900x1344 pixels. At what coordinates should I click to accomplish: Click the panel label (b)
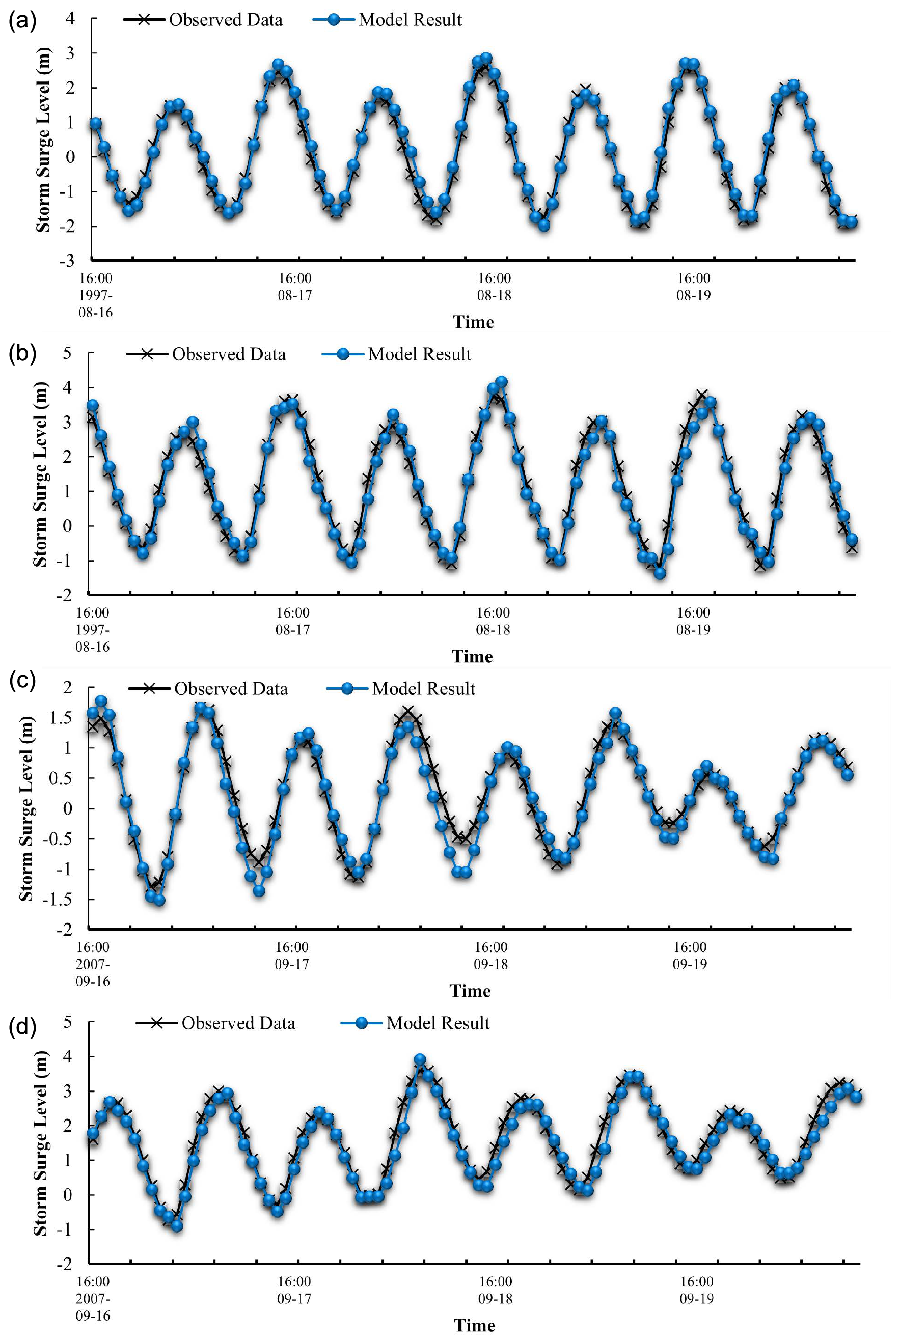click(x=22, y=353)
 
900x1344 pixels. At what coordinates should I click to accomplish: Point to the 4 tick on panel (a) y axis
click(x=70, y=18)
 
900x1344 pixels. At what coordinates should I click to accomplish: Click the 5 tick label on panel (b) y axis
click(x=67, y=353)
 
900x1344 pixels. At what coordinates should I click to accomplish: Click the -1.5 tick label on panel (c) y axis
click(x=58, y=899)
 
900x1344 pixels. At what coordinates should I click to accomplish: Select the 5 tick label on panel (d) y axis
click(x=67, y=1022)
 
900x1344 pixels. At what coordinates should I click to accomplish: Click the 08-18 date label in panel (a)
click(x=494, y=295)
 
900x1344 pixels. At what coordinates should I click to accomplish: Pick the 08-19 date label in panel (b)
click(x=693, y=630)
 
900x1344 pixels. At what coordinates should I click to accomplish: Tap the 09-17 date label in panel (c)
click(x=291, y=964)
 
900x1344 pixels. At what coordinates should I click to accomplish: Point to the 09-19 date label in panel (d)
click(x=697, y=1298)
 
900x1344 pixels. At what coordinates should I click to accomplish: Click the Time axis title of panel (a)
click(x=473, y=322)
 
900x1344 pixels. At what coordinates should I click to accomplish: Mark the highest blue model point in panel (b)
click(x=501, y=382)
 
